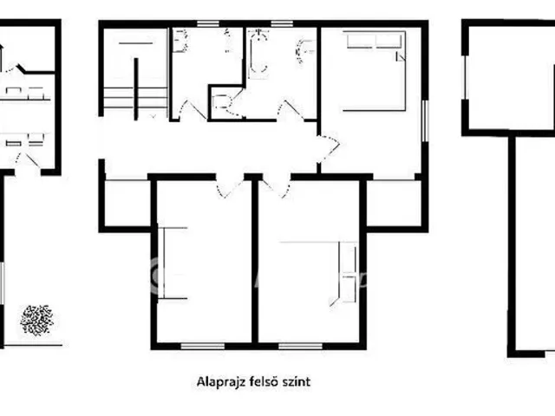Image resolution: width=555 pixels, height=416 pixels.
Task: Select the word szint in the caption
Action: point(297,381)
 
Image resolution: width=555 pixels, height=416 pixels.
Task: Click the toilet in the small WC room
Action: point(222,101)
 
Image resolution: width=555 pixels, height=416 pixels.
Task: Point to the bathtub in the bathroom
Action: point(258,54)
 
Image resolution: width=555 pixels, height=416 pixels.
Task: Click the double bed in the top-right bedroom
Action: point(374,71)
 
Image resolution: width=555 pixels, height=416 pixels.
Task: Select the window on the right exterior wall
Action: point(425,121)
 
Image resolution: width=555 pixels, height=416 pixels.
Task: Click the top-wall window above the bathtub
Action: point(282,23)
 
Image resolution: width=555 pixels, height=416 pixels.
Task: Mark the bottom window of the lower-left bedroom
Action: point(202,346)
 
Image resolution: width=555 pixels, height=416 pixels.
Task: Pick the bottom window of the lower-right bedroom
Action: point(300,346)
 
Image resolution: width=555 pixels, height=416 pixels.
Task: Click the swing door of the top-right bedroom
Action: point(329,149)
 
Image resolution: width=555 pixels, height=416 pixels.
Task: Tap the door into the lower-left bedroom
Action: point(230,186)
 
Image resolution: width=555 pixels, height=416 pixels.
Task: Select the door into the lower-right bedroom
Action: point(277,186)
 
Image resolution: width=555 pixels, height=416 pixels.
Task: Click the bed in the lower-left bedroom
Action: point(173,263)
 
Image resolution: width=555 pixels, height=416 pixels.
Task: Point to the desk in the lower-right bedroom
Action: point(345,272)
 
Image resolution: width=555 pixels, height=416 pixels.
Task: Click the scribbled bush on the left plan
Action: point(36,320)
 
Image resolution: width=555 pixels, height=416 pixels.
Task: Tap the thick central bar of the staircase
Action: point(136,89)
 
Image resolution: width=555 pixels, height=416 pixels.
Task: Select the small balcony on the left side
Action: point(127,203)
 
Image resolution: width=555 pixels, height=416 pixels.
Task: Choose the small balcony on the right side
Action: point(394,203)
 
